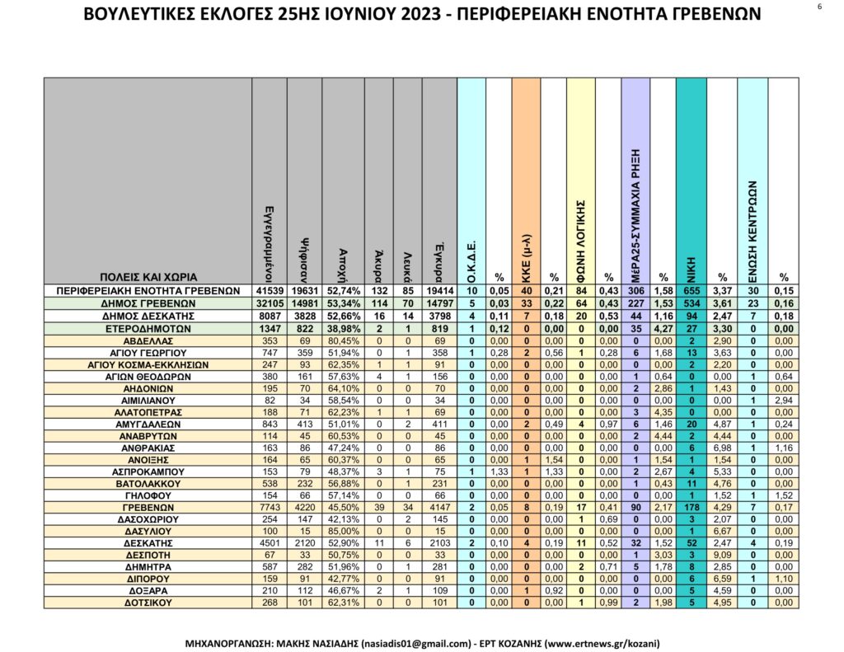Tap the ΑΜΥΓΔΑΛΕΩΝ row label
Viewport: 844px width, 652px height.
(148, 424)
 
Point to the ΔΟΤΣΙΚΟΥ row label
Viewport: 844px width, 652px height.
(148, 603)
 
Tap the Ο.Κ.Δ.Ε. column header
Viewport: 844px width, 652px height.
(471, 256)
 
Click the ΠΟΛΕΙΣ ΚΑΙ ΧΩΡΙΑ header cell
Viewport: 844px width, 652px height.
(148, 277)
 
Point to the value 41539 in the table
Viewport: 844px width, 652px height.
(269, 290)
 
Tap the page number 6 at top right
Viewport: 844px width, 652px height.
(820, 7)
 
